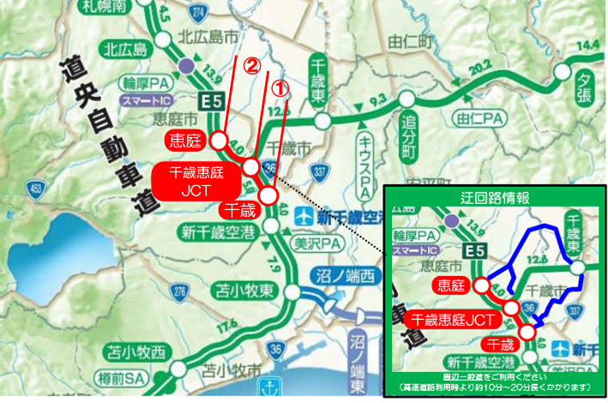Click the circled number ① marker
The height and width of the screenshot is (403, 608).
coord(280,87)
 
